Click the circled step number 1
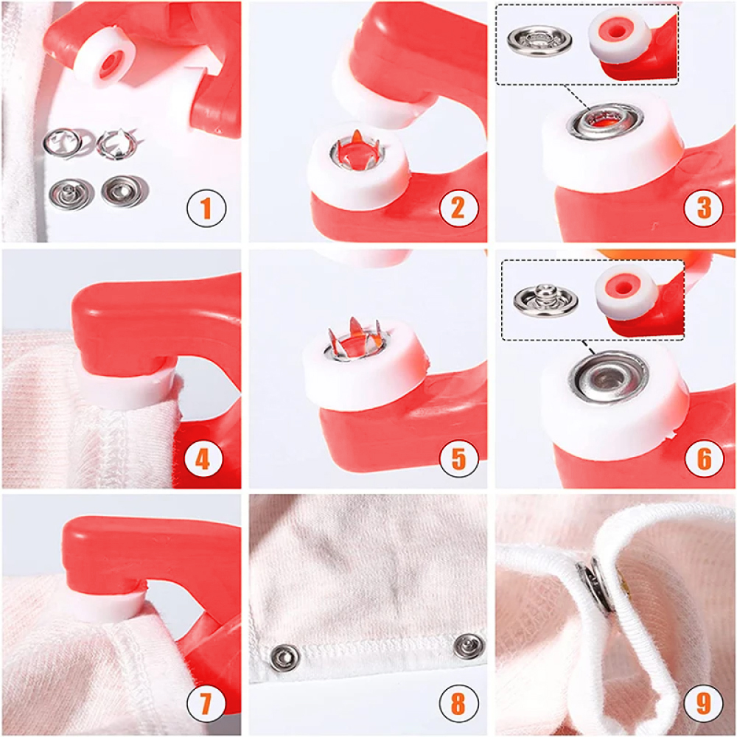pyautogui.click(x=206, y=208)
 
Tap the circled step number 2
pyautogui.click(x=458, y=208)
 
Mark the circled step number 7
pyautogui.click(x=206, y=703)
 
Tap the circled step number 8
pyautogui.click(x=458, y=703)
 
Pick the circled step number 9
pyautogui.click(x=704, y=703)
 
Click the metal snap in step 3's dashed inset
pyautogui.click(x=539, y=41)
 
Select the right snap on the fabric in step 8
pyautogui.click(x=469, y=646)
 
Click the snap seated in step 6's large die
pyautogui.click(x=609, y=377)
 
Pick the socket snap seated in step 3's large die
pyautogui.click(x=605, y=122)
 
